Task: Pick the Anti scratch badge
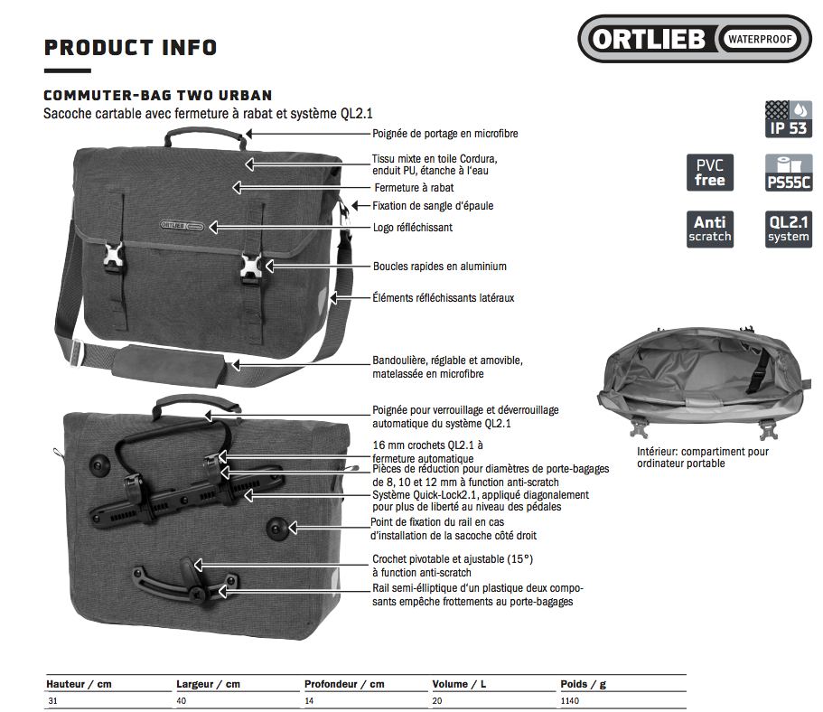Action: click(710, 229)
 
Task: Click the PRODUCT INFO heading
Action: click(130, 47)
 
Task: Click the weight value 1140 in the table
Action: click(570, 701)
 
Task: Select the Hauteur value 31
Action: click(51, 701)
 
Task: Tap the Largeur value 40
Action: click(182, 701)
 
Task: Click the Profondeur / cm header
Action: click(344, 684)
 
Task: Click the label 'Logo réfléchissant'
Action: click(413, 228)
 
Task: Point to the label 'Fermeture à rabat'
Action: click(414, 188)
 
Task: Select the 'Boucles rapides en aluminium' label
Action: click(440, 267)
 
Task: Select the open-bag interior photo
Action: click(705, 375)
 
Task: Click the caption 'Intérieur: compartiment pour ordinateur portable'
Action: click(703, 457)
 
